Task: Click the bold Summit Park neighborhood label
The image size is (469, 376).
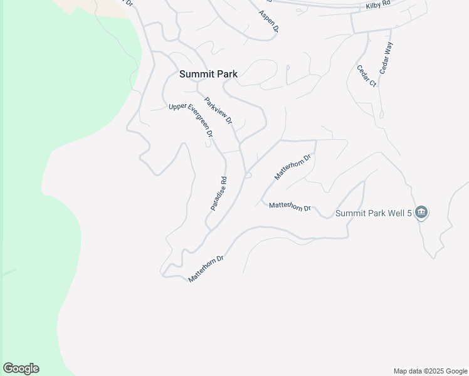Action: (x=208, y=74)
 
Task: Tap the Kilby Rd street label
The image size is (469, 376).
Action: (x=377, y=4)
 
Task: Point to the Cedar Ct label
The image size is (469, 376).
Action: (x=366, y=76)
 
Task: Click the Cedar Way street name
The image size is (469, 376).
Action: (x=386, y=59)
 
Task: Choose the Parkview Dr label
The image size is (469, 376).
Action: (x=218, y=110)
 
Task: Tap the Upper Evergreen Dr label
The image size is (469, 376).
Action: (x=191, y=120)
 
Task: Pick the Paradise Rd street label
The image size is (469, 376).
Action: (x=218, y=193)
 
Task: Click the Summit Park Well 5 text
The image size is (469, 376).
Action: (x=373, y=213)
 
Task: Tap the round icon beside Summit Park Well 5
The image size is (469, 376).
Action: (x=422, y=213)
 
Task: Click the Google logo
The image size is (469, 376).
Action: (x=21, y=368)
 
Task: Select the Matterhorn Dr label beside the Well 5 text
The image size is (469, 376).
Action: (x=290, y=206)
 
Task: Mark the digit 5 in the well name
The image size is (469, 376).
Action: (x=409, y=213)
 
